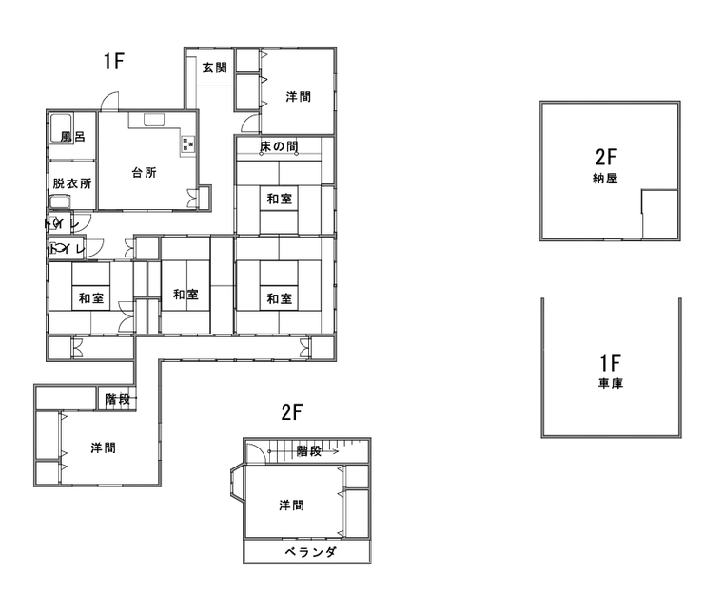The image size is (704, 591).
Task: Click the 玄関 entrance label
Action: click(x=214, y=67)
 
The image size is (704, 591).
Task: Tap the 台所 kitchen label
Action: click(x=144, y=173)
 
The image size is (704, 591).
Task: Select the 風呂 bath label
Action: click(x=72, y=137)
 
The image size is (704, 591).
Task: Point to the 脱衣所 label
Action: click(x=72, y=183)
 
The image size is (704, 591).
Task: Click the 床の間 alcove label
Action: click(x=280, y=146)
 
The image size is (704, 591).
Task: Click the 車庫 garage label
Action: click(x=610, y=385)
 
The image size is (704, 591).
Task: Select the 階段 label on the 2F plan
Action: click(x=307, y=451)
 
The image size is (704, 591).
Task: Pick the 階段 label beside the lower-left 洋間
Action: click(x=118, y=399)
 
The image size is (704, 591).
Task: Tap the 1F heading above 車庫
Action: click(x=610, y=363)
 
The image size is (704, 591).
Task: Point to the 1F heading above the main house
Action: click(x=115, y=63)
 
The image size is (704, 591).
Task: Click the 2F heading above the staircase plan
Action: click(x=291, y=412)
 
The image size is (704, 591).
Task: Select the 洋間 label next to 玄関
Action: click(x=298, y=97)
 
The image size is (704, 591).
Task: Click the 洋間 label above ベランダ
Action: click(x=291, y=505)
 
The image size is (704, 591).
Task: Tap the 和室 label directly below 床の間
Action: click(x=279, y=199)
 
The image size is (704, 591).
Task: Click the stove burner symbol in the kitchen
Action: click(x=186, y=144)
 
